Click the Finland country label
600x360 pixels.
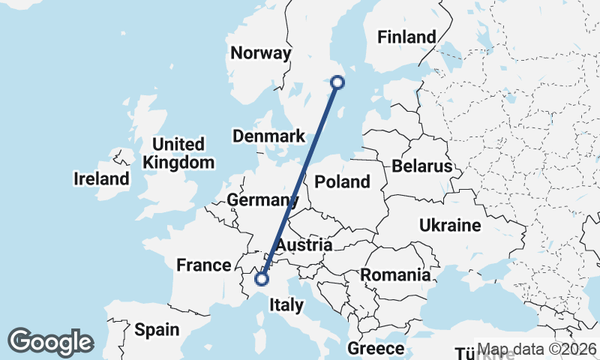coord(406,37)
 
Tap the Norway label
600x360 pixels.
coord(260,53)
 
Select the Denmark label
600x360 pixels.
coord(268,136)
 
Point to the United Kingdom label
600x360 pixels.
coord(178,153)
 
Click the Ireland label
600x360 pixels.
coord(101,178)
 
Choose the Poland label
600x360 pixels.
coord(343,181)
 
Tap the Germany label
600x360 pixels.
coord(258,200)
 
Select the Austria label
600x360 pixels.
coord(304,245)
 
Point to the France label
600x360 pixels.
coord(203,265)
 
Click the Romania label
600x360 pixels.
coord(395,274)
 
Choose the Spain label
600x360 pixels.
coord(157,329)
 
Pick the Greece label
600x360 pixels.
coord(376,349)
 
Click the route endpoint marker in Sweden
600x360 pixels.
coord(337,82)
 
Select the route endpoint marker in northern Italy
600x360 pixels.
coord(262,279)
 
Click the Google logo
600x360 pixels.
coord(50,342)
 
